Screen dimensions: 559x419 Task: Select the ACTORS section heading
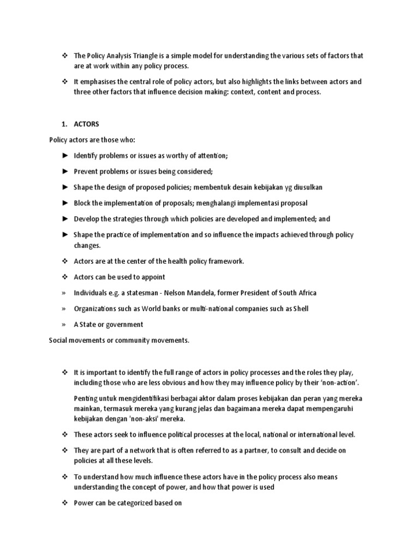coord(87,124)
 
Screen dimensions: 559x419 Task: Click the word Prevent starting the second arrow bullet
coord(87,171)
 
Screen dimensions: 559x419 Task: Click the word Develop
coord(88,219)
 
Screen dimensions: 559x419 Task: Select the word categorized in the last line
coord(126,503)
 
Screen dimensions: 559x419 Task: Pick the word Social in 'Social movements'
coord(59,340)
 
